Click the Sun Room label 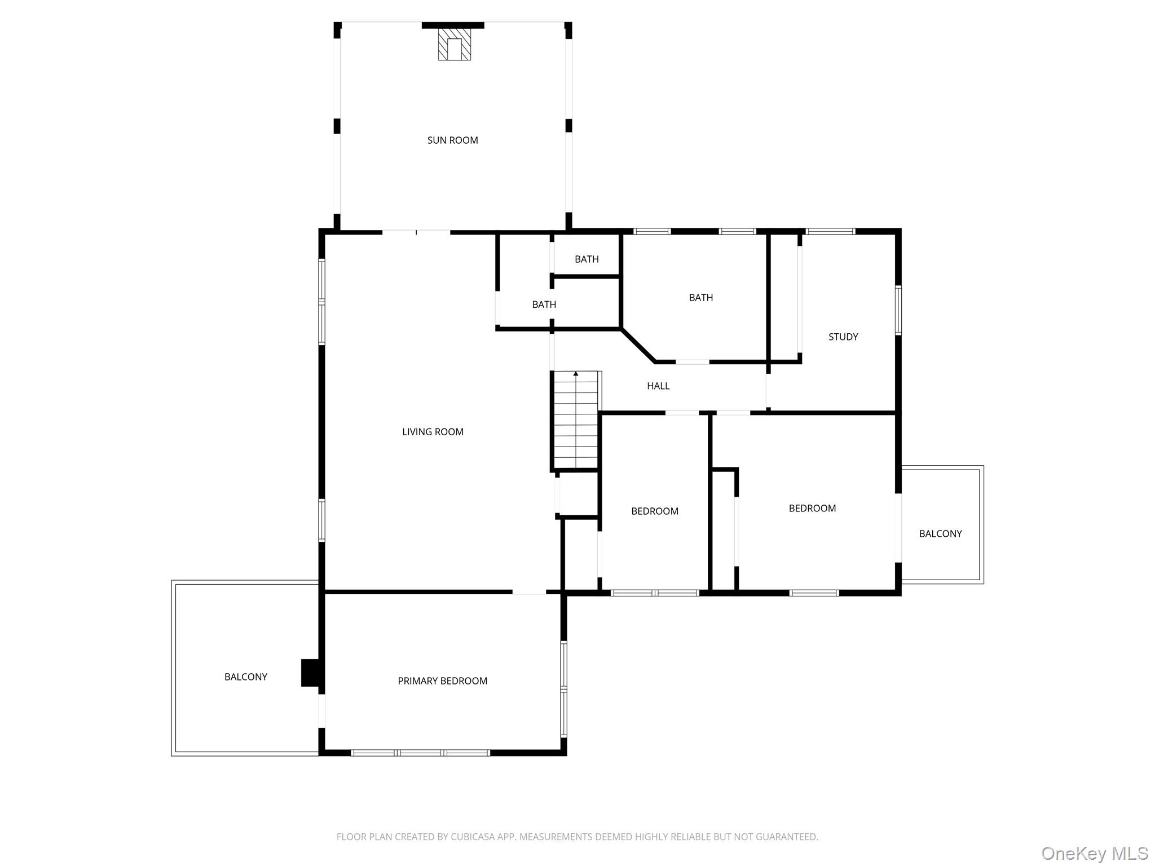click(452, 140)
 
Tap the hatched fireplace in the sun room click(454, 45)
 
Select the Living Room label click(433, 432)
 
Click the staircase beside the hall click(575, 420)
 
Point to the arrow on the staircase click(575, 374)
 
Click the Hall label click(658, 386)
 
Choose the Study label click(843, 337)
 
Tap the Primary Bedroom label click(442, 681)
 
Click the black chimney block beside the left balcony click(310, 673)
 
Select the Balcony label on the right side click(940, 534)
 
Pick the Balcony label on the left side click(246, 677)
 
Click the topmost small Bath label click(587, 259)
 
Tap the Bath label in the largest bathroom click(700, 298)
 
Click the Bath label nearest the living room click(544, 304)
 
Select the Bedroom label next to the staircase click(654, 511)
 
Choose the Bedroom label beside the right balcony click(812, 509)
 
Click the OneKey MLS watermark click(1094, 853)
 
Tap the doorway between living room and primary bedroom click(528, 592)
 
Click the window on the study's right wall click(898, 310)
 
